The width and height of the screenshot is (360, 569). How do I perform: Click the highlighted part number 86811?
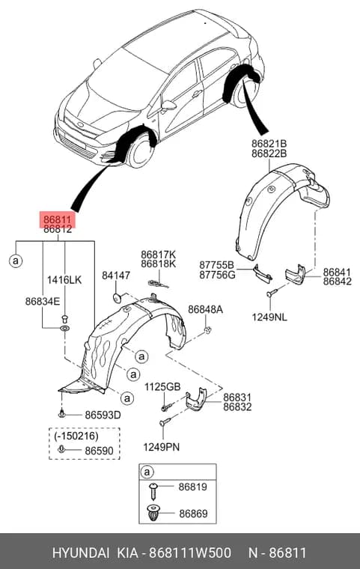pos(58,220)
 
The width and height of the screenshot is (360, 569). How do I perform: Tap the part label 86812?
pos(58,229)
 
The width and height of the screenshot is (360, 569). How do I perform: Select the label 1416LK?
pos(64,280)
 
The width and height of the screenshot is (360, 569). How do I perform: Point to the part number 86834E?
pos(43,301)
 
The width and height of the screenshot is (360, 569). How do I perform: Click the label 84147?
pos(116,276)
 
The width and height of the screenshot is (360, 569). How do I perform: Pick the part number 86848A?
pos(205,309)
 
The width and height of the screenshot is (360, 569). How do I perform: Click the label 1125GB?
pos(162,387)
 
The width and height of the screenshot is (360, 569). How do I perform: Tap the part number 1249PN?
pos(161,447)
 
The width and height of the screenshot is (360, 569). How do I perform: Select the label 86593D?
pos(103,415)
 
